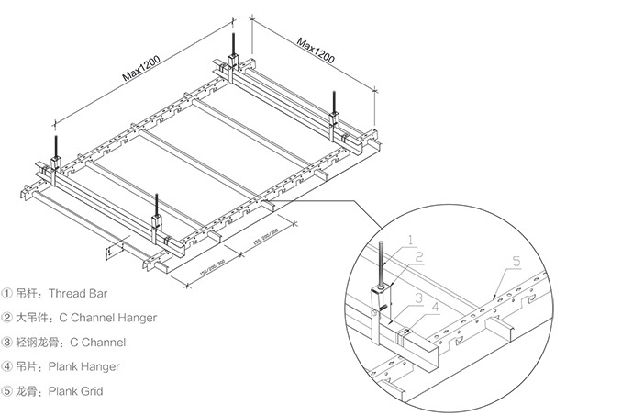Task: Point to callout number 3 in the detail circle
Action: pos(417,298)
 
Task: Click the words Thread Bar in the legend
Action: pos(86,294)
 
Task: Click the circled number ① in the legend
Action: pos(9,294)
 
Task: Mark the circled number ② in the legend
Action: pos(9,318)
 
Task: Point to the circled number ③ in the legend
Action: pos(9,343)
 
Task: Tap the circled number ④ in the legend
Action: pos(9,366)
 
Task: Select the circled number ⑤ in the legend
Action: pos(9,391)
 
